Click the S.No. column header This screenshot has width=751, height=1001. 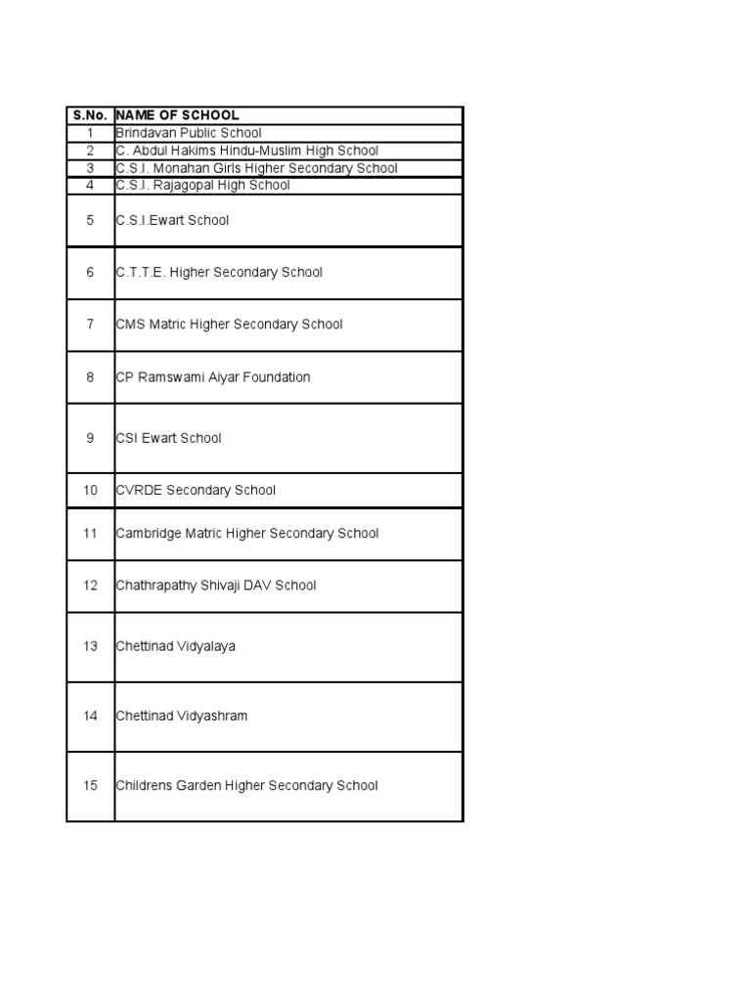point(90,115)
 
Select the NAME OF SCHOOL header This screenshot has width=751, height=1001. point(177,115)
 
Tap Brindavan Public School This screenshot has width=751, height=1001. point(189,133)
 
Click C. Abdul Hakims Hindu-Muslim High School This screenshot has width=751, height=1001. point(246,151)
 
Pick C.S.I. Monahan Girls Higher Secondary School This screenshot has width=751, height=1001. point(256,168)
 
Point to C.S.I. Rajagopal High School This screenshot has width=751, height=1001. point(202,185)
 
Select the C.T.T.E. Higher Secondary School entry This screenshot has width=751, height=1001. point(219,273)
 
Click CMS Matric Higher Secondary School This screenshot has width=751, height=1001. point(229,325)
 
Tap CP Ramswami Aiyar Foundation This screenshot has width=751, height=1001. point(212,377)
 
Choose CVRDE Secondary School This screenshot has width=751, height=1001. point(196,491)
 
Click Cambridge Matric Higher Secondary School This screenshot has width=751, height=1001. point(246,534)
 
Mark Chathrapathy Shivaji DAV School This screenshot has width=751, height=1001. point(215,586)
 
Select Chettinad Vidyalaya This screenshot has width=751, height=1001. point(175,646)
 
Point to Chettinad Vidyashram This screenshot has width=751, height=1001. point(181,716)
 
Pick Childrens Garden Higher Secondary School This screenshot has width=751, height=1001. point(246,786)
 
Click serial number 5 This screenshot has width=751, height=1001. point(90,221)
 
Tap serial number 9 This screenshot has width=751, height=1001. point(90,438)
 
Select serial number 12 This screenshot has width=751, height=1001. point(90,586)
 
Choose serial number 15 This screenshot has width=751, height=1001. point(90,786)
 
